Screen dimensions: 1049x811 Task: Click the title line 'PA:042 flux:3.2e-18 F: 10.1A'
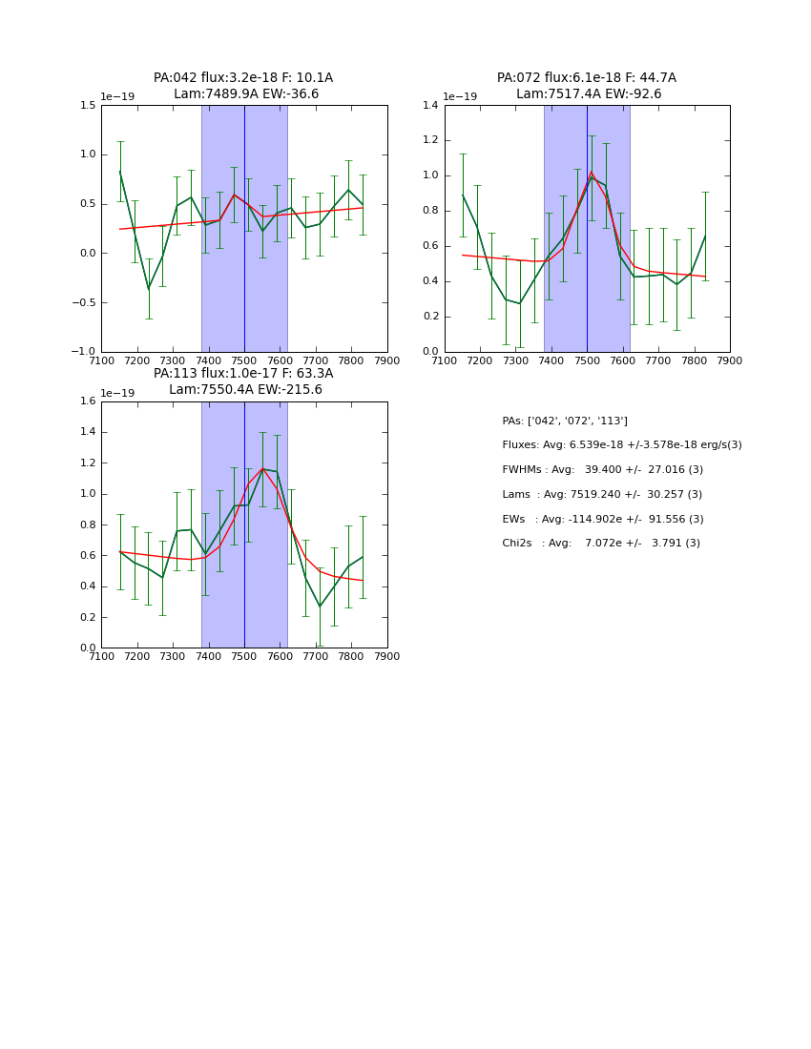[x=243, y=78]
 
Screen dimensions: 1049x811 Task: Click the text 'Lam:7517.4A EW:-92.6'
[x=589, y=94]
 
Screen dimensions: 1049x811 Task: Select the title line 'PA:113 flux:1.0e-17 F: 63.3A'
[x=243, y=374]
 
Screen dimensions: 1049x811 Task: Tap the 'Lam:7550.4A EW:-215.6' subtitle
[x=245, y=390]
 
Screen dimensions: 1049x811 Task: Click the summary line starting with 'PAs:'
[x=565, y=421]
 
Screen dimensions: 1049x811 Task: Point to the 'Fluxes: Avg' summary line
[x=621, y=445]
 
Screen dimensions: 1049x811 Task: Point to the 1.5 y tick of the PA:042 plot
[x=88, y=105]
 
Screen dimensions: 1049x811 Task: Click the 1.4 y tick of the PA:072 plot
[x=431, y=105]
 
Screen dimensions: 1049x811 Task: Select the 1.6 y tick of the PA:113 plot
[x=88, y=401]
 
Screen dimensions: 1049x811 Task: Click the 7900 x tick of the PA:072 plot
[x=730, y=360]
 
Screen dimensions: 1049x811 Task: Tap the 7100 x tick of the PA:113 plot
[x=101, y=656]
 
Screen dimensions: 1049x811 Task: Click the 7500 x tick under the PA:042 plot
[x=244, y=360]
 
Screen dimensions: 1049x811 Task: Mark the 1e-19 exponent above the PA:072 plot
[x=460, y=97]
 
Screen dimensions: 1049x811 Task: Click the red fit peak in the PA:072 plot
[x=592, y=173]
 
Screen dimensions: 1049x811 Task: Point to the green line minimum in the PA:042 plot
[x=148, y=289]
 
